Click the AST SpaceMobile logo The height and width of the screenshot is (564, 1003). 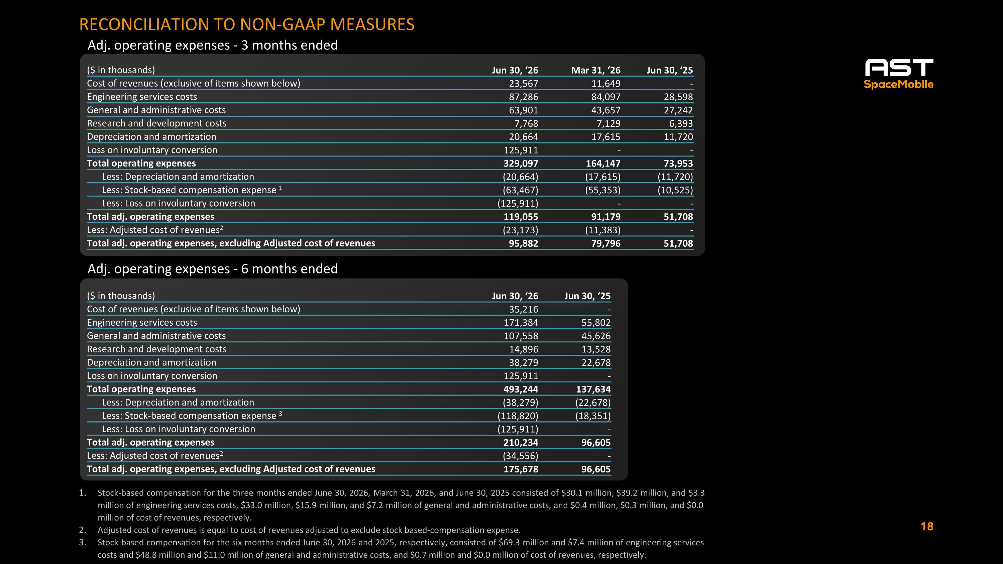tap(899, 74)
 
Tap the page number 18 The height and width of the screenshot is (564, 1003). tap(927, 527)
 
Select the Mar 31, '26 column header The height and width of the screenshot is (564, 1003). tap(596, 70)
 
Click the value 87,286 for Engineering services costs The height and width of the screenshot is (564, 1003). tap(523, 97)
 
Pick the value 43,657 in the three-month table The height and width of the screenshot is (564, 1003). tap(606, 110)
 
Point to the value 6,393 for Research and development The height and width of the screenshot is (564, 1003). tap(681, 123)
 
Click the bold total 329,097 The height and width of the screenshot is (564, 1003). tap(521, 163)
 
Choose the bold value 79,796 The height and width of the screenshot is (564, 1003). tap(606, 243)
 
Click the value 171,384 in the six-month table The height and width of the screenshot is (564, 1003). tap(521, 322)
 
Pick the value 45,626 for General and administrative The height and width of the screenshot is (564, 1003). tap(596, 336)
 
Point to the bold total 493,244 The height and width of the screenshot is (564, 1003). tap(521, 389)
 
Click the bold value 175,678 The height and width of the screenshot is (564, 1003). tap(521, 469)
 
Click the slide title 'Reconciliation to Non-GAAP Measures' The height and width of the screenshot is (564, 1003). tap(247, 24)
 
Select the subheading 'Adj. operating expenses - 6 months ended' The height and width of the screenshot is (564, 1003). tap(213, 268)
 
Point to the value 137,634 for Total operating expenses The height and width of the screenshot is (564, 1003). tap(593, 389)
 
